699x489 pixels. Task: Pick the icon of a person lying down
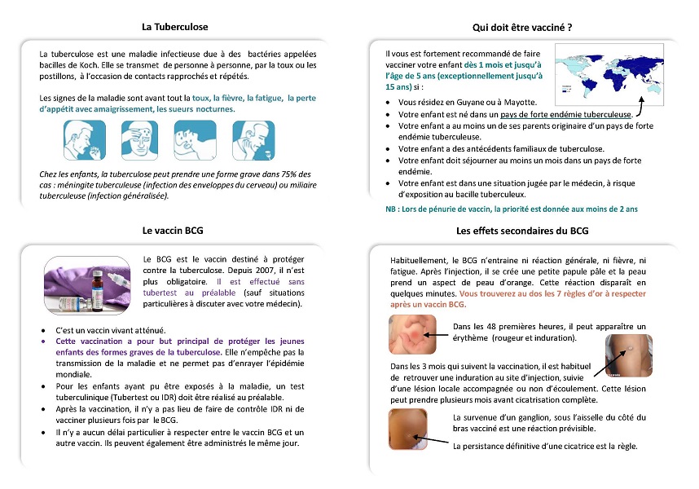(x=194, y=140)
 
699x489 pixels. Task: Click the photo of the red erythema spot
(x=417, y=336)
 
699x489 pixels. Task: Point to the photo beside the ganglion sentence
(x=417, y=428)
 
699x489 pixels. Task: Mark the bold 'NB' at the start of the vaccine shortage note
(x=392, y=209)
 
